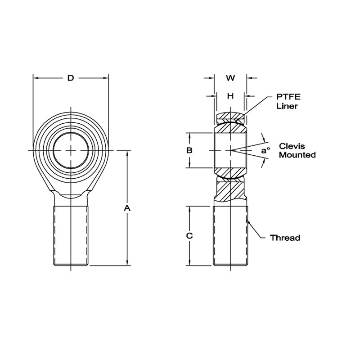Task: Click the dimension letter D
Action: coord(71,78)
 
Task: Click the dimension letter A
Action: coord(127,208)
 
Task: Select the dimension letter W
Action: coord(230,78)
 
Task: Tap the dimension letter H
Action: coord(230,96)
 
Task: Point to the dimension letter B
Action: coord(189,150)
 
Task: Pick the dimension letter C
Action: coord(189,236)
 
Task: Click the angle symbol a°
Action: coord(265,151)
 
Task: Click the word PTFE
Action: coord(288,97)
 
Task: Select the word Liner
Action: coord(287,106)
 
